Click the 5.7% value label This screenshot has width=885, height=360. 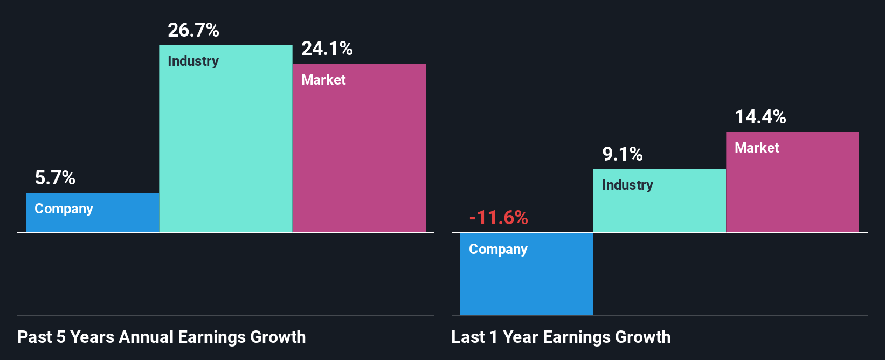click(55, 177)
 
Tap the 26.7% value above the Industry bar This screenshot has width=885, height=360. click(193, 30)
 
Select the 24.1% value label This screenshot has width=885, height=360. click(327, 49)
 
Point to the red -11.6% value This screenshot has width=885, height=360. click(499, 218)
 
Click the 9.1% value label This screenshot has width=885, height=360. click(623, 155)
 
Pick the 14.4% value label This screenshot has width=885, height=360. click(760, 117)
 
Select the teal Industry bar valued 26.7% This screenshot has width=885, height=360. click(225, 146)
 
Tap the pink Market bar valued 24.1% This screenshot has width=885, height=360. click(359, 156)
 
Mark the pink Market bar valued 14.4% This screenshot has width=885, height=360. click(792, 189)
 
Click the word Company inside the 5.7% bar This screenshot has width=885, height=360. click(64, 209)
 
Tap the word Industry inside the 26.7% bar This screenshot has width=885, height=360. click(193, 61)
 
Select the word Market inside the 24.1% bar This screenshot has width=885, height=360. click(323, 80)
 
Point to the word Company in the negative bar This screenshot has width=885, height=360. click(498, 249)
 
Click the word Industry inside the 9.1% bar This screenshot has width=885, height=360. click(627, 185)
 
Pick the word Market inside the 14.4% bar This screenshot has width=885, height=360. click(757, 148)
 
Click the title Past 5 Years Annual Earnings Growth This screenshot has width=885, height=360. click(162, 337)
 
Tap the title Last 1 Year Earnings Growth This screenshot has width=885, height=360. click(561, 337)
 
